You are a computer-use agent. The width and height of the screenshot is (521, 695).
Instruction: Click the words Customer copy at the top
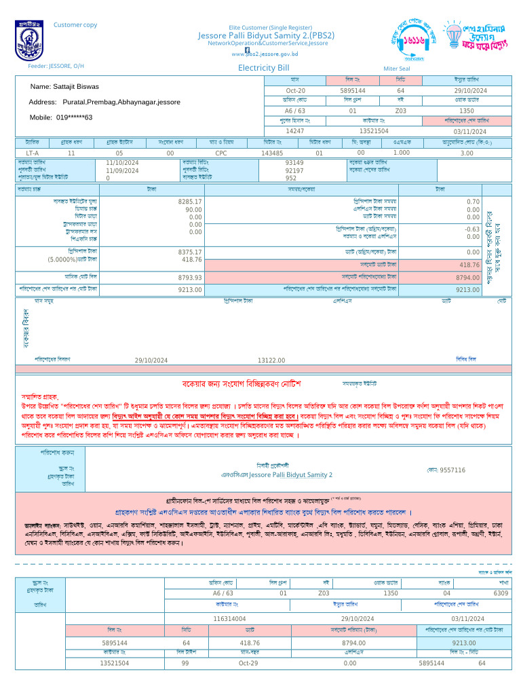point(75,25)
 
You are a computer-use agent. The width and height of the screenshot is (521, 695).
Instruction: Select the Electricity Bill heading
point(263,68)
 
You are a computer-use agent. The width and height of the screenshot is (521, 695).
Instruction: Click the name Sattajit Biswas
point(64,87)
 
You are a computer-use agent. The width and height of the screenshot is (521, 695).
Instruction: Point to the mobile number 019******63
point(60,117)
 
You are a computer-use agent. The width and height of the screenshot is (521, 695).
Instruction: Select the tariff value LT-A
point(32,153)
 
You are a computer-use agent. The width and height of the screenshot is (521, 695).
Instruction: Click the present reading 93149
point(294,163)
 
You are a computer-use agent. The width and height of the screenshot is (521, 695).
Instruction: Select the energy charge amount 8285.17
point(190,202)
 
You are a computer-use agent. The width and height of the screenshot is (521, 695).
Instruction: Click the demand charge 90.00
point(194,210)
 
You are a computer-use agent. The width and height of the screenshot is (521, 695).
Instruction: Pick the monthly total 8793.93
point(190,278)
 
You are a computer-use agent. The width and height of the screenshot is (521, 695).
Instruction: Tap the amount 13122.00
point(271,360)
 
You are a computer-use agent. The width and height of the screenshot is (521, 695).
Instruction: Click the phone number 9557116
point(452,470)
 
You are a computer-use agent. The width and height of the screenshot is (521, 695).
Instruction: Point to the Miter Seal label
point(397,69)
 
